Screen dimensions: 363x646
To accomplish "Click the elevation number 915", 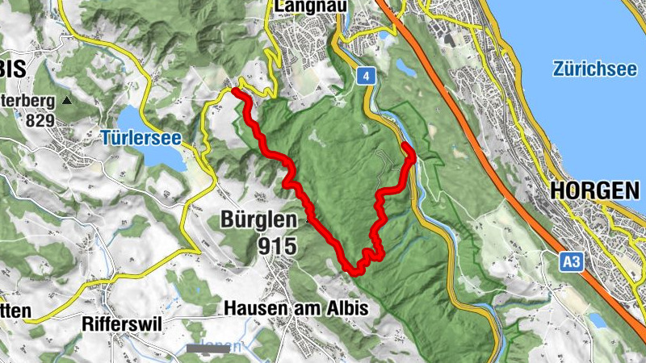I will pyautogui.click(x=277, y=246).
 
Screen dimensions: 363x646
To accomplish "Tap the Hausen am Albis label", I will pyautogui.click(x=296, y=307).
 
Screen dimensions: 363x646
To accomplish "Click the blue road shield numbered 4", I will pyautogui.click(x=367, y=76).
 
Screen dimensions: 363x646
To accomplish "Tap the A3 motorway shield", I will pyautogui.click(x=572, y=261).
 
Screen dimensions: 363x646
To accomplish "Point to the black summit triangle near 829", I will pyautogui.click(x=67, y=102).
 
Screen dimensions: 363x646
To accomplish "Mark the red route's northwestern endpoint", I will pyautogui.click(x=235, y=91).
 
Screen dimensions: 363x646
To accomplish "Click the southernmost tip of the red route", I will pyautogui.click(x=354, y=272).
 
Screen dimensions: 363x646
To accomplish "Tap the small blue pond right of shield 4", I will pyautogui.click(x=404, y=67).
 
